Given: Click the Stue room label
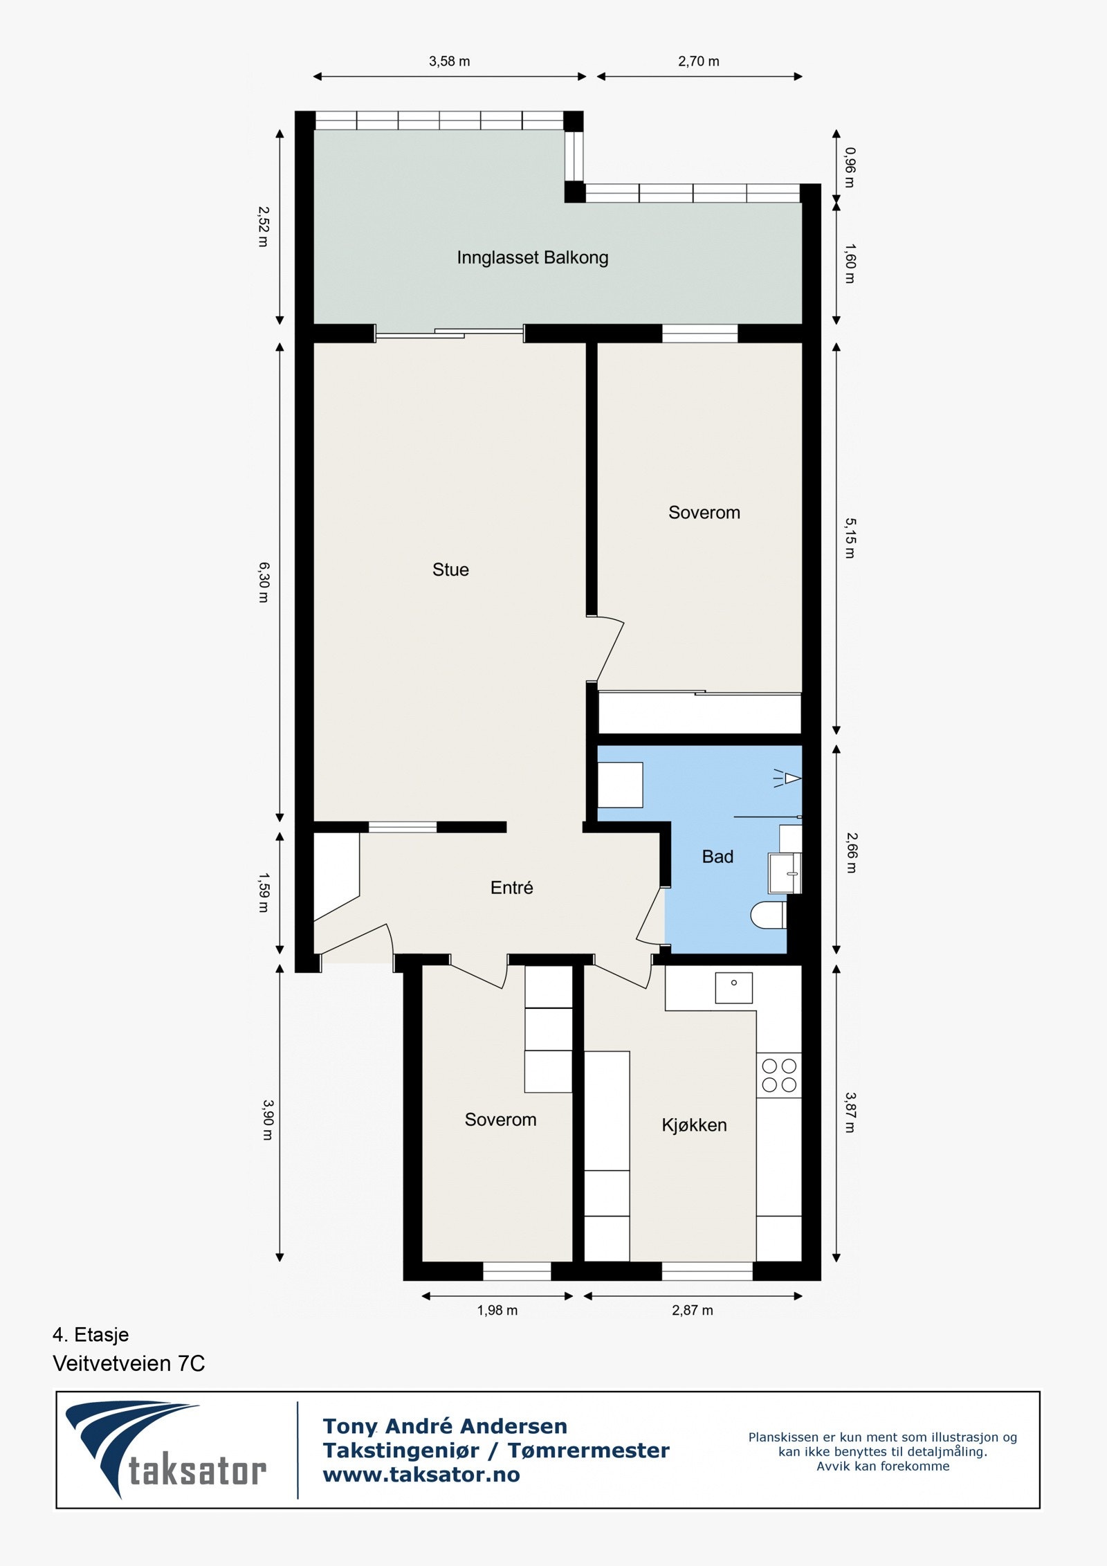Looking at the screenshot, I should pyautogui.click(x=450, y=570).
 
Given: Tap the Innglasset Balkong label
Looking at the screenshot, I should pyautogui.click(x=532, y=257).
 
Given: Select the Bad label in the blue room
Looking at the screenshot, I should pyautogui.click(x=717, y=857).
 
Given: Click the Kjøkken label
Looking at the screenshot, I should pyautogui.click(x=694, y=1125).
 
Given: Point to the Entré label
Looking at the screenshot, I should pyautogui.click(x=511, y=888).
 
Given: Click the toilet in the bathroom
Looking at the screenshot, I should pyautogui.click(x=768, y=915).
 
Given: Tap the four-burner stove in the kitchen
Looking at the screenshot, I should pyautogui.click(x=779, y=1075).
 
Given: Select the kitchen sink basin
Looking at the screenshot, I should pyautogui.click(x=733, y=987).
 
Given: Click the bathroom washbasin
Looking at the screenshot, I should pyautogui.click(x=785, y=873).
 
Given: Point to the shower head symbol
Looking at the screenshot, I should pyautogui.click(x=789, y=779).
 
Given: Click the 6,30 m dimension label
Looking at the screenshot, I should pyautogui.click(x=264, y=582).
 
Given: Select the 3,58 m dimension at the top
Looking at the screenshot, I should pyautogui.click(x=449, y=62).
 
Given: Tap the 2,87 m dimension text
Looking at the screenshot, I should pyautogui.click(x=692, y=1310).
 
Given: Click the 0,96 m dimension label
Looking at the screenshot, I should pyautogui.click(x=850, y=167).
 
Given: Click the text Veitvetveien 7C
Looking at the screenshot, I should pyautogui.click(x=129, y=1363).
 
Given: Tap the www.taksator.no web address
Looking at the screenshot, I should pyautogui.click(x=421, y=1475).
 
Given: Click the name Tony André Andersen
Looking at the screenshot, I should pyautogui.click(x=444, y=1426).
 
